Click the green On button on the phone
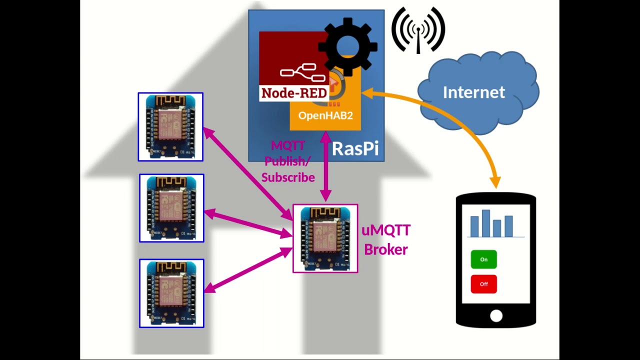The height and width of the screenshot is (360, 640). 483,259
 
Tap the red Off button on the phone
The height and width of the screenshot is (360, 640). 483,284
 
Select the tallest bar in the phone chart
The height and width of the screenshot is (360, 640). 486,223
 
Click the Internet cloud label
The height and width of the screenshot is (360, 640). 473,92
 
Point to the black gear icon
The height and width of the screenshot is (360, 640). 347,46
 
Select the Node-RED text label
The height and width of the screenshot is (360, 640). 294,93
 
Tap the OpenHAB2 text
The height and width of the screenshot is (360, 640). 325,115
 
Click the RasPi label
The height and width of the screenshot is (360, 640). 355,148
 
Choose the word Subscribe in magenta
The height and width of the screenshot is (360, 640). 288,177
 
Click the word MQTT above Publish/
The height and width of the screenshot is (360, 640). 288,145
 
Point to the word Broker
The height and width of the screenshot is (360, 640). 385,249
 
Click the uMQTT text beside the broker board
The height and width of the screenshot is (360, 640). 385,230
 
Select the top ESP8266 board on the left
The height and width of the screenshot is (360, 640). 170,127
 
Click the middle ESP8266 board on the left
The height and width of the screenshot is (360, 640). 171,208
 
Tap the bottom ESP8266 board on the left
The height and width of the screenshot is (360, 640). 171,293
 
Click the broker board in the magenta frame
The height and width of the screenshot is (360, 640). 325,238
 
